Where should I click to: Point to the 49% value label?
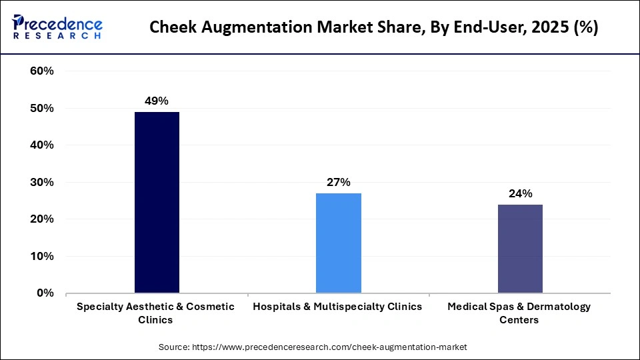[157, 101]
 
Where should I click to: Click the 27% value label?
[338, 182]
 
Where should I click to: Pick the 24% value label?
[520, 193]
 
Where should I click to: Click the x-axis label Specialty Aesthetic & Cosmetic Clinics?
[156, 313]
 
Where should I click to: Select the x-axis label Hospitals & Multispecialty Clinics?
[337, 307]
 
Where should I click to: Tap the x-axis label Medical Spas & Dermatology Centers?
[519, 313]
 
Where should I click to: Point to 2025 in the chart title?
[541, 27]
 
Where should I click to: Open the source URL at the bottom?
[329, 347]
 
